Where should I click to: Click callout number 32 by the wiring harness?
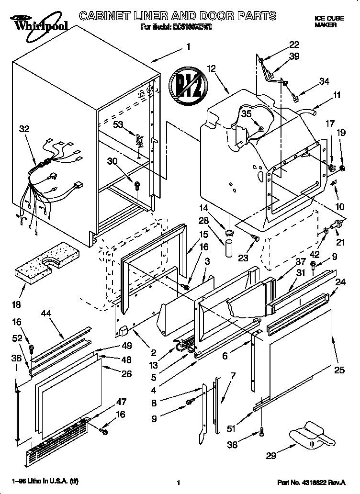point(24,128)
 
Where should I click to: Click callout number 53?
point(118,124)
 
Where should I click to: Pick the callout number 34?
point(324,81)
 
